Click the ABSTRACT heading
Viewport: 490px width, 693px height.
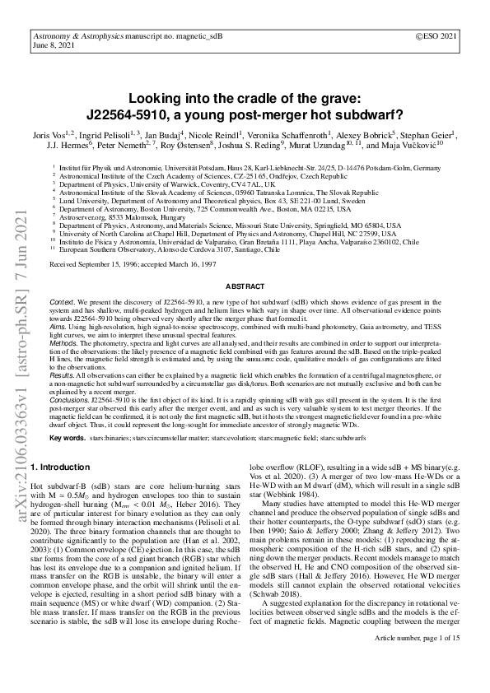click(x=245, y=286)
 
